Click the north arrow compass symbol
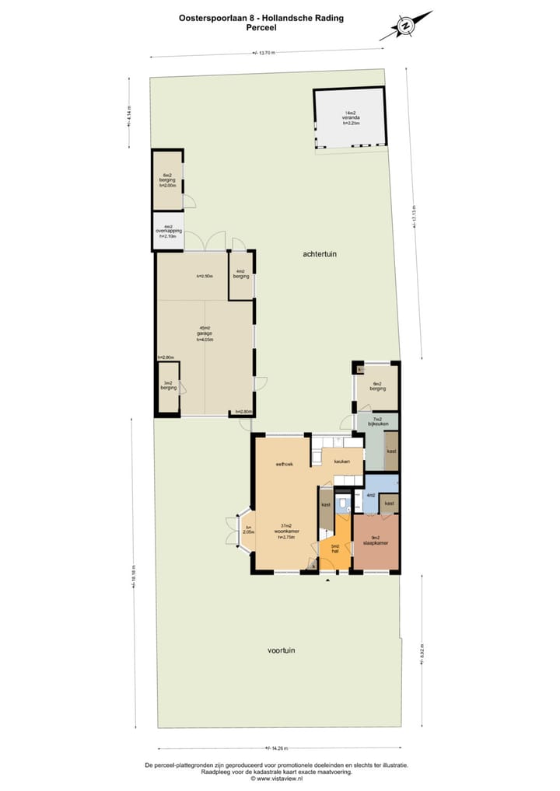point(405,26)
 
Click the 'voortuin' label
point(281,650)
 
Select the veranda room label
point(351,118)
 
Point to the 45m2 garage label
point(205,333)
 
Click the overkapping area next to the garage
point(167,232)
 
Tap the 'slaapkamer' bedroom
point(376,542)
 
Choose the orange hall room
point(335,549)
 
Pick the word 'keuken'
point(341,462)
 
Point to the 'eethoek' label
point(283,465)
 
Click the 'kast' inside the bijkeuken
point(391,451)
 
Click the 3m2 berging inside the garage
point(168,387)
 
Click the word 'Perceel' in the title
point(261,27)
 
